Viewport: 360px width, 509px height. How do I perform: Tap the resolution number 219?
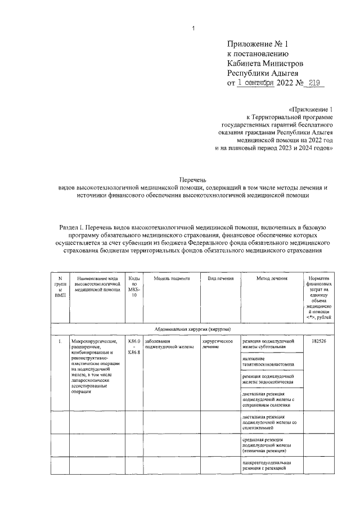[x=317, y=83]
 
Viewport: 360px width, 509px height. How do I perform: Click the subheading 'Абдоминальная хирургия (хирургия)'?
[x=192, y=329]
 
